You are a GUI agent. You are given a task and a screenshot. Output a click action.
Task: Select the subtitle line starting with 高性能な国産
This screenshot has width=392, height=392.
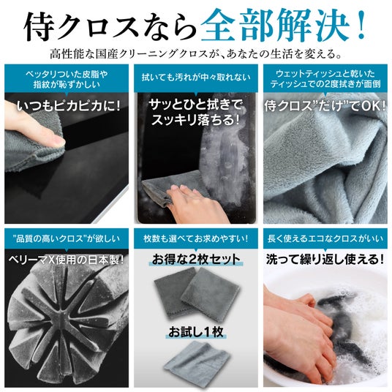pos(196,53)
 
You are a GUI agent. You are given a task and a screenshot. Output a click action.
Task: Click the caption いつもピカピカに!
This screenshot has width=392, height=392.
pos(69,106)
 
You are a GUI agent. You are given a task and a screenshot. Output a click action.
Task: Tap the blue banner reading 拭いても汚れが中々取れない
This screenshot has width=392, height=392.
pos(196,78)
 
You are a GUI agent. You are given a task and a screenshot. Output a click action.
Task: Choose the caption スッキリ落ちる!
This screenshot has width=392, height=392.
pos(196,120)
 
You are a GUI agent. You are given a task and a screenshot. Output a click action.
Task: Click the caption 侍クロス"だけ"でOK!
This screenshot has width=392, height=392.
pos(325,106)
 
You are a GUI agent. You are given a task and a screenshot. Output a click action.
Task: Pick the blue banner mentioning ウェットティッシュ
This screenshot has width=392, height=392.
pos(325,78)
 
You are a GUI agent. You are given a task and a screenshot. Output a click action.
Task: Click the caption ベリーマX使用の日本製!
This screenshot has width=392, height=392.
pos(67,260)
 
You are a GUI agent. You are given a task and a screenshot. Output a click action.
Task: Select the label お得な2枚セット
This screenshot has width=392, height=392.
pos(196,259)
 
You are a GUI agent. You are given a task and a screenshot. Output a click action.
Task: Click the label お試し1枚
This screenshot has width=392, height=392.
pos(196,332)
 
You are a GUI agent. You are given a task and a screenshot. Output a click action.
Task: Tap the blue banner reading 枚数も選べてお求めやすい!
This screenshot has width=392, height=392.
pos(196,238)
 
